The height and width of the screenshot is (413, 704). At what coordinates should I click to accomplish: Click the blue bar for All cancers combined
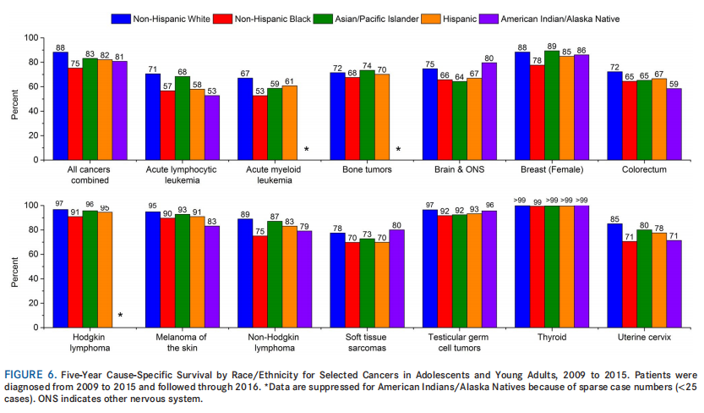click(x=60, y=106)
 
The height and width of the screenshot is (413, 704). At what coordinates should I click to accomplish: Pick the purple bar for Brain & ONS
click(x=489, y=111)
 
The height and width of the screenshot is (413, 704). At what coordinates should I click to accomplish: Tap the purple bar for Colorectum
click(x=674, y=124)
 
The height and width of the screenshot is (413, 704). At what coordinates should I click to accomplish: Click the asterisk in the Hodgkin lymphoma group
click(x=120, y=317)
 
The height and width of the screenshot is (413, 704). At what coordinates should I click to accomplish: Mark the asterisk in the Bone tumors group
click(x=398, y=150)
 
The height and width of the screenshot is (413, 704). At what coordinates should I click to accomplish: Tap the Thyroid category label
click(x=552, y=338)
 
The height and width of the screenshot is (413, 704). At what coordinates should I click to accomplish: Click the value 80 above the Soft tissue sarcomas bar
click(x=397, y=224)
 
